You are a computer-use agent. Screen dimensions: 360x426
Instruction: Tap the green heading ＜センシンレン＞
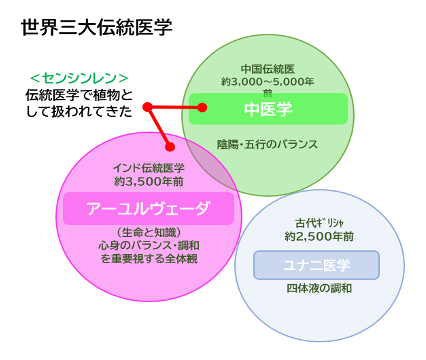point(78,77)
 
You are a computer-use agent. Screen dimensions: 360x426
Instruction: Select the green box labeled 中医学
point(267,108)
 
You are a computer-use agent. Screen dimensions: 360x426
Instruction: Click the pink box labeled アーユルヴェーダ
point(147,209)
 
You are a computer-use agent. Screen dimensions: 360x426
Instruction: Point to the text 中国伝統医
point(266,68)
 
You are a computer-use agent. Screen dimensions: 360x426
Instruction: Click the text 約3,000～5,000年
point(267,81)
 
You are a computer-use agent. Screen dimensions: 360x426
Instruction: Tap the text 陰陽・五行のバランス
point(267,144)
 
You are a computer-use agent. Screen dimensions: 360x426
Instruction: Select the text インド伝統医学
point(148,168)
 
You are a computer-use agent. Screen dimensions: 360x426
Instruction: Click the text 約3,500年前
point(148,182)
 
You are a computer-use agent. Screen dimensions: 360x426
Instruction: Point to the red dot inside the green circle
point(201,107)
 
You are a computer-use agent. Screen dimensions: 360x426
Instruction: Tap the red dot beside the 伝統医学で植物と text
point(146,107)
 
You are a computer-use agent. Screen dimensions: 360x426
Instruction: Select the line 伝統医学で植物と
point(76,94)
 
